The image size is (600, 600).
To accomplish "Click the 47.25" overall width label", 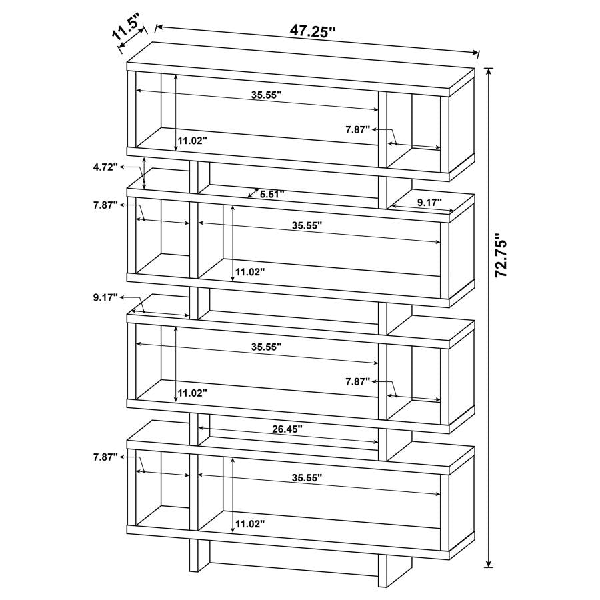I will pyautogui.click(x=312, y=31).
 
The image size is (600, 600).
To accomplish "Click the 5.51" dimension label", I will pyautogui.click(x=272, y=195).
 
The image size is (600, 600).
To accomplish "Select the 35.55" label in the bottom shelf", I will pyautogui.click(x=307, y=477).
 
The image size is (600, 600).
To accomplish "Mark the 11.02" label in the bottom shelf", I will pyautogui.click(x=249, y=524).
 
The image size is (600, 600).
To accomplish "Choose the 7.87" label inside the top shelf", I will pyautogui.click(x=357, y=130).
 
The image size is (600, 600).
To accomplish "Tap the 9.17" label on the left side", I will pyautogui.click(x=105, y=297).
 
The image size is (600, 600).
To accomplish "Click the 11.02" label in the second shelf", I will pyautogui.click(x=249, y=272).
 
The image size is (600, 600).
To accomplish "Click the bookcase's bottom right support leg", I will pyautogui.click(x=383, y=570).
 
